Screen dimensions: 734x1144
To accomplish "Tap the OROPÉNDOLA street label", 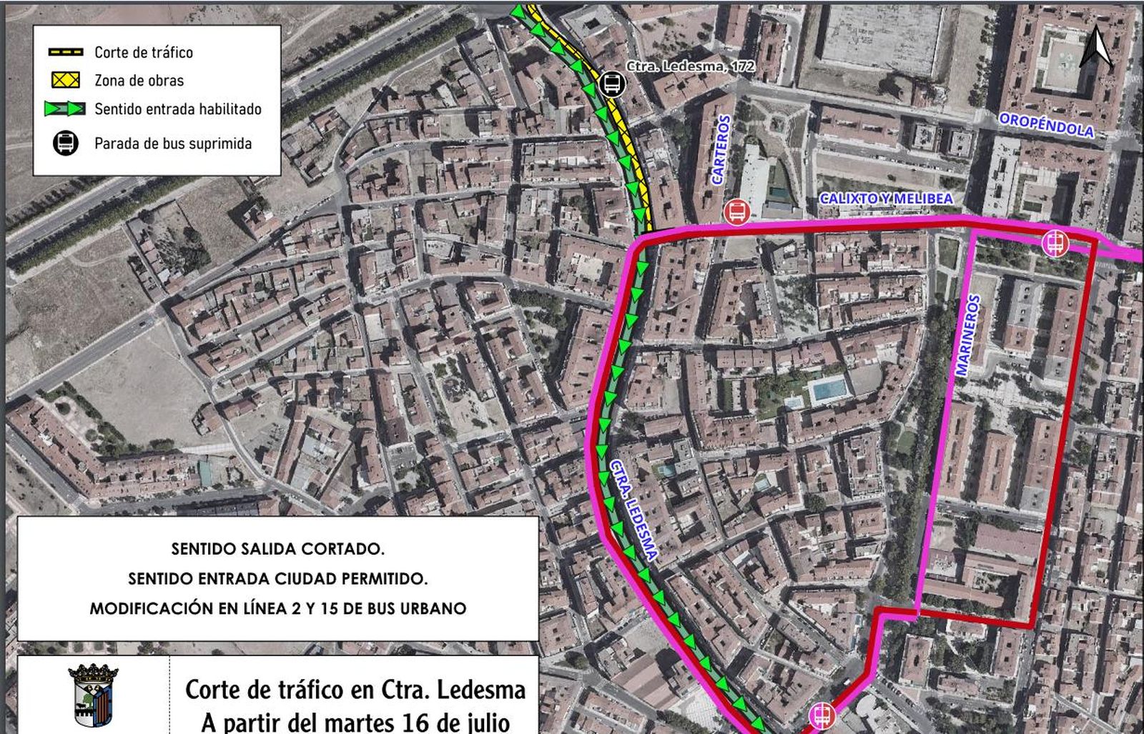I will click(1046, 125).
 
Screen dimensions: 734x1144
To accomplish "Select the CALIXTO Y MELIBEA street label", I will click(886, 198).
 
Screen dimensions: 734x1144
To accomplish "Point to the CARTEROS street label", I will click(721, 150).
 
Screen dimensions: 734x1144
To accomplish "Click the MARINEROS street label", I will click(968, 335).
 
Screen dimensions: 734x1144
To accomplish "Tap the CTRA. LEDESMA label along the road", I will click(633, 508).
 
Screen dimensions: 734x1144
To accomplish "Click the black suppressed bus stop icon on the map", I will click(612, 84).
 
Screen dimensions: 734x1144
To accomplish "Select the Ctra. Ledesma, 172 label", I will click(691, 66).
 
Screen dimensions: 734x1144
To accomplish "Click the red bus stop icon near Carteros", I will click(736, 212).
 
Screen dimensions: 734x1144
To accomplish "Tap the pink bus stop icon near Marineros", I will click(1055, 243).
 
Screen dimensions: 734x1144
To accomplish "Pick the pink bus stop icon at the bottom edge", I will click(822, 715).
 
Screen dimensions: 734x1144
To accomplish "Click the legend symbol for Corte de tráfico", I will click(66, 52).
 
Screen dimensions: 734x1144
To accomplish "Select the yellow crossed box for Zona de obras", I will click(66, 80).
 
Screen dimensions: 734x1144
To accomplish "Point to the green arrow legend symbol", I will click(66, 109).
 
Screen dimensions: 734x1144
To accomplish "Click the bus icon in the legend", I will click(66, 143).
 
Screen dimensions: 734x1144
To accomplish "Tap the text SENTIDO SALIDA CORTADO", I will click(277, 549).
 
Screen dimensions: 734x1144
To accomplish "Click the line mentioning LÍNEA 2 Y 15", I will click(277, 608).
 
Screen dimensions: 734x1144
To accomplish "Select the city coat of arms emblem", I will click(93, 695).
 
